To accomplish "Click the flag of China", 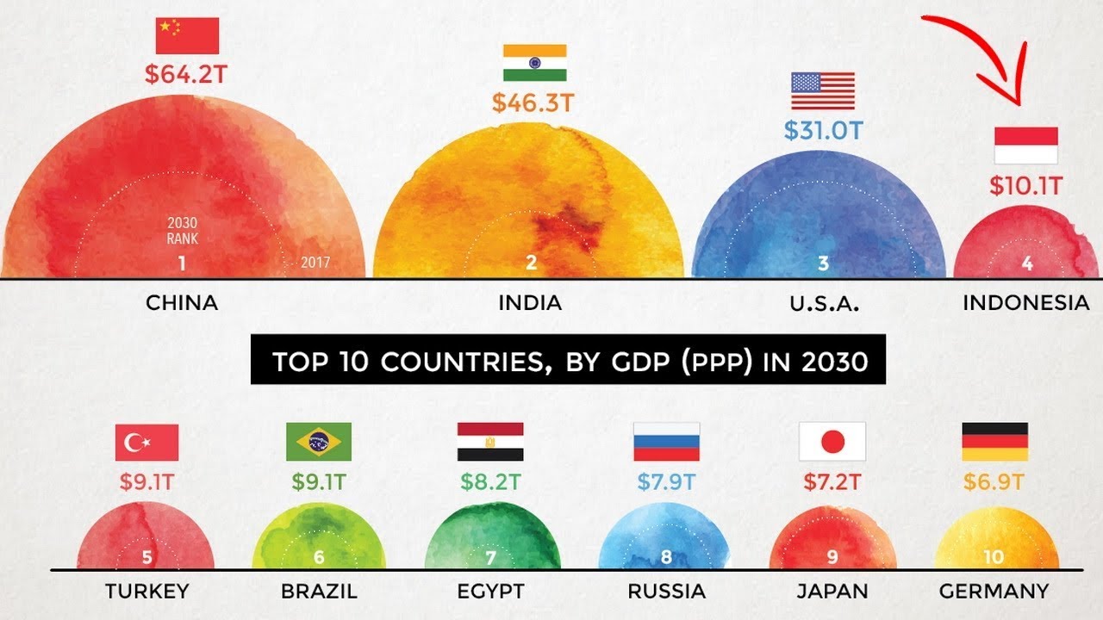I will (188, 36).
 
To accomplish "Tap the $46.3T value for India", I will (533, 103).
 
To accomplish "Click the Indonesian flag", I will (1025, 146).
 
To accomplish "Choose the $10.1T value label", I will (1025, 185).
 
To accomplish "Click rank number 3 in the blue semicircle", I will (823, 263).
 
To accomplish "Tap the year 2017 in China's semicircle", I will (315, 263).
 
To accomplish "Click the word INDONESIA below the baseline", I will (1025, 303).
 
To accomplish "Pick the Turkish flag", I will (146, 443).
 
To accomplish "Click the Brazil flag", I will (319, 442).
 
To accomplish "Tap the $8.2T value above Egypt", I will (490, 481).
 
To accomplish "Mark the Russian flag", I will (666, 442).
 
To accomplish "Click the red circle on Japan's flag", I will (832, 443).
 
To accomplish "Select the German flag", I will (994, 442).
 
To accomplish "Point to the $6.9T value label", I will (994, 481).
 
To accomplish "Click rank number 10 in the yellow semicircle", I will (994, 557).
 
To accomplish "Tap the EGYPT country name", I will (490, 592).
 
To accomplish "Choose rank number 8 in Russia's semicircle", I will (666, 557).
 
